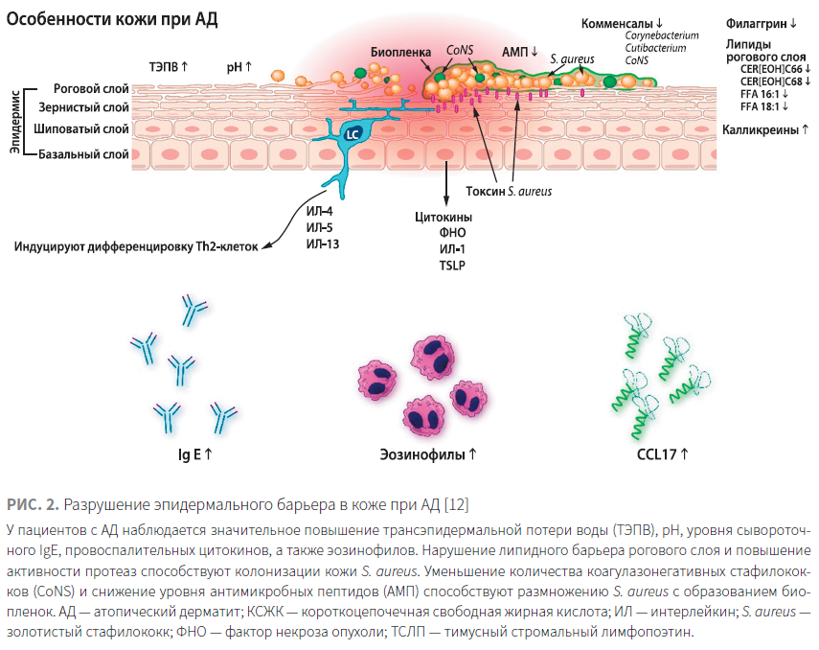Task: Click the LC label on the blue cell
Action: click(x=353, y=134)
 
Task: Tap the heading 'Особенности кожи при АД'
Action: click(x=112, y=19)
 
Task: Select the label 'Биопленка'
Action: click(x=400, y=52)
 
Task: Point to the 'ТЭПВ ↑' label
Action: click(x=169, y=67)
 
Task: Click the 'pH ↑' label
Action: click(x=239, y=67)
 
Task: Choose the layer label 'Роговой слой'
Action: click(x=91, y=88)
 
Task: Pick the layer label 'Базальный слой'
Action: click(x=83, y=154)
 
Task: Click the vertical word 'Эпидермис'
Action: click(x=15, y=122)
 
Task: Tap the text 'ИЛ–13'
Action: click(x=322, y=244)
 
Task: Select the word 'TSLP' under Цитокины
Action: click(x=452, y=266)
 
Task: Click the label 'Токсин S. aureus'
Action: click(x=509, y=192)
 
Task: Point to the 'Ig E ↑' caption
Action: click(x=195, y=454)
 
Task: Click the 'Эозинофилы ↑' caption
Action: click(x=428, y=454)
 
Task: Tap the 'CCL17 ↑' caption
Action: click(x=662, y=454)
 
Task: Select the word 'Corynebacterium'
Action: click(x=662, y=35)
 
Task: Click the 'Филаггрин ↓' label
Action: click(x=761, y=24)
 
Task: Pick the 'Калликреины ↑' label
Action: click(x=765, y=129)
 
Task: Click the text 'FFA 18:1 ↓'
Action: click(x=764, y=106)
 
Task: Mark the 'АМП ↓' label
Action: click(x=520, y=52)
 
